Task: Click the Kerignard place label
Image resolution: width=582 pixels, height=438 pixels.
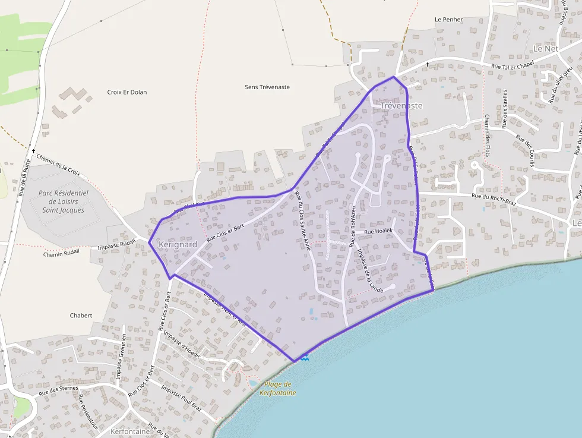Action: coord(178,245)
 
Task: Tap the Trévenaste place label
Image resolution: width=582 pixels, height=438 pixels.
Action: coord(401,106)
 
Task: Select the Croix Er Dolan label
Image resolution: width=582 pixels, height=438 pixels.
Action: coord(127,92)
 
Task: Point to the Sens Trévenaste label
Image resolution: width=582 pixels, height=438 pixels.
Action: coord(267,87)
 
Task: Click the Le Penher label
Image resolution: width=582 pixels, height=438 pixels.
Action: coord(448,20)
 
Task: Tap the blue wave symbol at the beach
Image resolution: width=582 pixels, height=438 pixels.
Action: coord(304,357)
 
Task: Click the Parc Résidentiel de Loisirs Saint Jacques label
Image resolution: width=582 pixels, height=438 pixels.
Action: coord(63,201)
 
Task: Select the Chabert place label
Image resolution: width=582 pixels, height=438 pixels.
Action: coord(81,316)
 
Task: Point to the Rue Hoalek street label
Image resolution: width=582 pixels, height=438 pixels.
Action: coord(378,231)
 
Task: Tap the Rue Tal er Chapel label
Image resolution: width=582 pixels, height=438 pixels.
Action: coord(513,66)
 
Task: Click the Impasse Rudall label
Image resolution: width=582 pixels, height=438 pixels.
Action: coord(116,247)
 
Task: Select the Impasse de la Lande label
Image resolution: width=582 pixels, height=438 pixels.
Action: coord(369,269)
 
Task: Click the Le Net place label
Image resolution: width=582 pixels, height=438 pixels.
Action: coord(546,48)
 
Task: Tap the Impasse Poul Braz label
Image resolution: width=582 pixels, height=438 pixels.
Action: coord(181,396)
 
